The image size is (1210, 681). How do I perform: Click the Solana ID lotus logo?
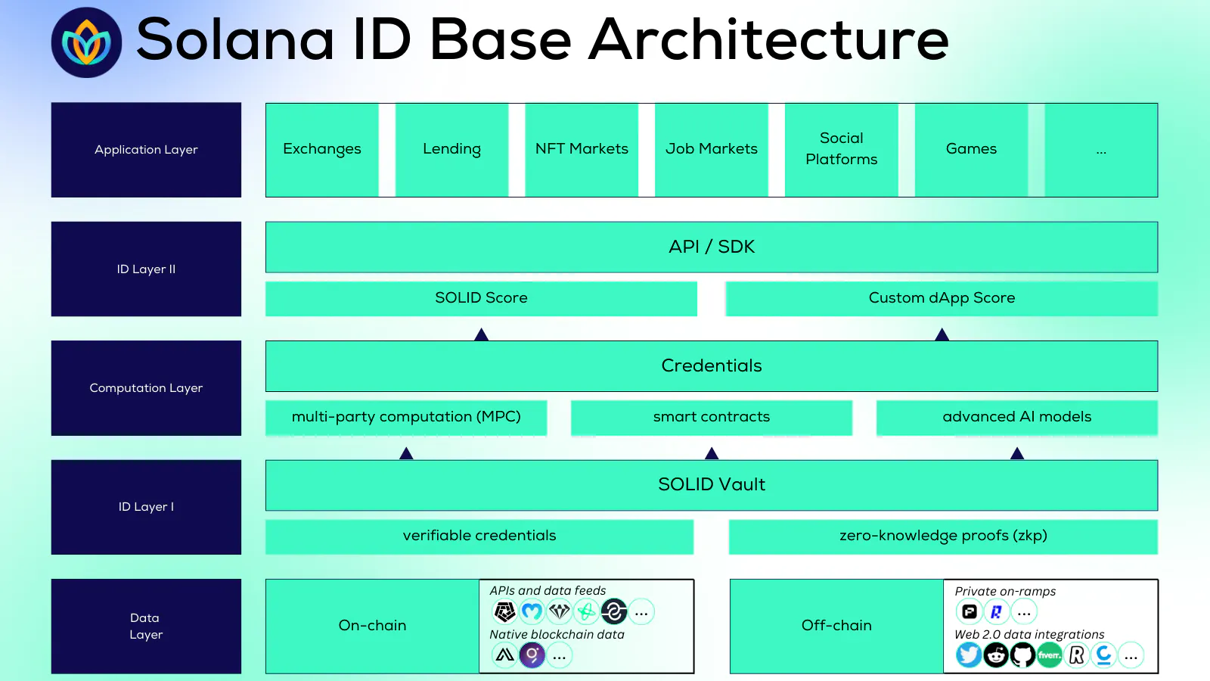(x=86, y=42)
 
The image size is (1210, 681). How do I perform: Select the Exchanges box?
(x=322, y=150)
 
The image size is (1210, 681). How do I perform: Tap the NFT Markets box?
(x=582, y=150)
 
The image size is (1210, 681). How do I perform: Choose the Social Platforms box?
(x=841, y=150)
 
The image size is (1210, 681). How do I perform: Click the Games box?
(x=971, y=150)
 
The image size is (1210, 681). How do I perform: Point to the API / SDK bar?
(x=711, y=247)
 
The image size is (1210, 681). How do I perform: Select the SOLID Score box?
(x=481, y=298)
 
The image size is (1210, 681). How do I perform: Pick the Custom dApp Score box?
(x=942, y=298)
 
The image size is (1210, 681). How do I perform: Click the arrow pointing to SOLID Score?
(x=481, y=334)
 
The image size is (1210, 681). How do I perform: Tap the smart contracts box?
(x=711, y=417)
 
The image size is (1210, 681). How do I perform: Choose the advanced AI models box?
(x=1016, y=417)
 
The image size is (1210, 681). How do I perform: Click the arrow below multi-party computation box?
(x=406, y=453)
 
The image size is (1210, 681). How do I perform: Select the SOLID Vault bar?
(x=711, y=484)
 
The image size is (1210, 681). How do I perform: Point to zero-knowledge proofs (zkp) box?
(x=943, y=536)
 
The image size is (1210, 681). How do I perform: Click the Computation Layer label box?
(x=146, y=387)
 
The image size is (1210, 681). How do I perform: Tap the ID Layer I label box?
(x=146, y=507)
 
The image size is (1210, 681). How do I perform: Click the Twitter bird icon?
(x=969, y=655)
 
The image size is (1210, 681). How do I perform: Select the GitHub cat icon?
(x=1022, y=655)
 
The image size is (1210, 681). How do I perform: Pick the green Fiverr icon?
(x=1050, y=655)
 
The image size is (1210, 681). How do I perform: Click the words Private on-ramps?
(x=1005, y=591)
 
